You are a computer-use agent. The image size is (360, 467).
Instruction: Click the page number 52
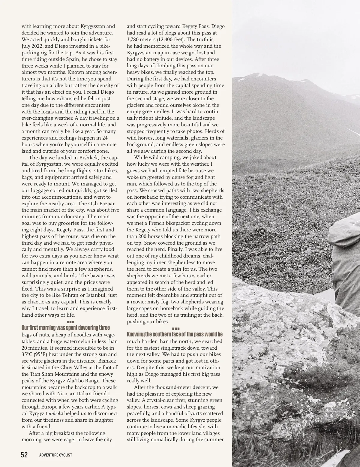pos(24,455)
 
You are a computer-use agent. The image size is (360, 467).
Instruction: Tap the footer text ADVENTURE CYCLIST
pos(56,455)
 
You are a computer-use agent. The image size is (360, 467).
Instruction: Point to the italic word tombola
pos(54,413)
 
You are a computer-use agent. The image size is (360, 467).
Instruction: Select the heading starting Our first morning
pos(66,327)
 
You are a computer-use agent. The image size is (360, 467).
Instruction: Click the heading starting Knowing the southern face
pos(175,334)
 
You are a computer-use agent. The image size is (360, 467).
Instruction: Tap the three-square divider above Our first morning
pos(71,322)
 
